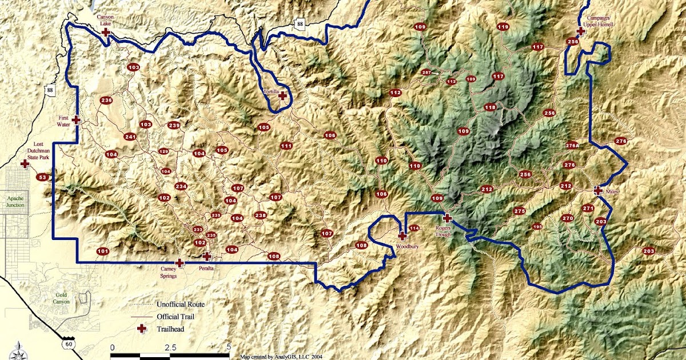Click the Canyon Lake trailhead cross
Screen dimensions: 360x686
point(106,33)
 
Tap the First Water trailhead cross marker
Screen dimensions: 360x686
point(76,120)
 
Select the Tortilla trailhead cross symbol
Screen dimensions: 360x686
point(282,96)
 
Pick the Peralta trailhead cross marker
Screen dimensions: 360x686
point(206,257)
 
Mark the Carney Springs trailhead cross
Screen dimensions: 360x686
point(180,263)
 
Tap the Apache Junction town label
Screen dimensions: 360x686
point(11,201)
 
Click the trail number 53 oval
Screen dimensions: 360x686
point(42,178)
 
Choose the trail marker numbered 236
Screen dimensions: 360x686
point(106,101)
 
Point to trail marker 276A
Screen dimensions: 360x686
point(572,145)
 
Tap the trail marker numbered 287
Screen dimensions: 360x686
point(426,73)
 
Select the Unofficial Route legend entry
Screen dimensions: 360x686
point(180,304)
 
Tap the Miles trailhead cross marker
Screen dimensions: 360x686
point(598,190)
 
